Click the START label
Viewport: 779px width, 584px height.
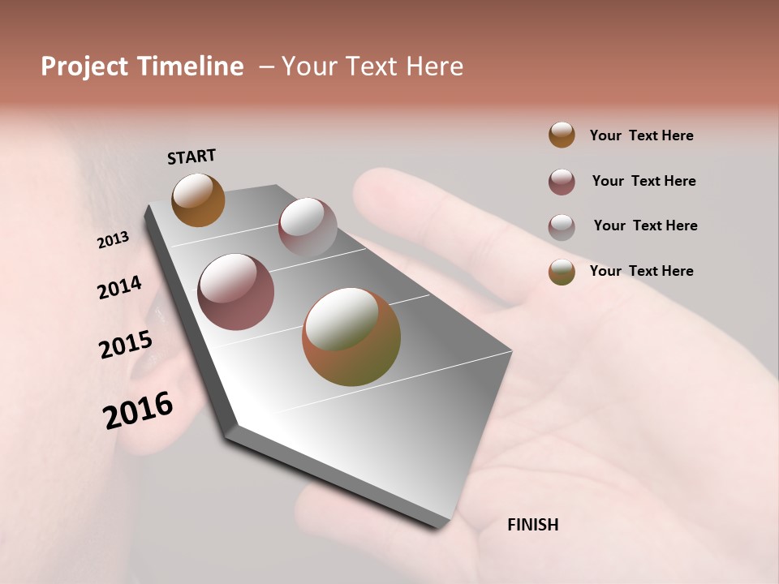click(x=192, y=157)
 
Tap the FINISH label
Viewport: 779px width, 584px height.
click(x=532, y=525)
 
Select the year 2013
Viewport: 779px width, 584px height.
click(x=113, y=240)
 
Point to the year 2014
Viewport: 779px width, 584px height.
click(x=119, y=288)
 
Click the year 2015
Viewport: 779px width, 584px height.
click(x=126, y=345)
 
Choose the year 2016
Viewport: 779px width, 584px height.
click(x=138, y=410)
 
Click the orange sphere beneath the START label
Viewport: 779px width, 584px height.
click(x=198, y=200)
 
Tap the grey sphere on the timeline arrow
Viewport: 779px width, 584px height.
click(x=308, y=227)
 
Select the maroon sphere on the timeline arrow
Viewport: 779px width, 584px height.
click(x=236, y=292)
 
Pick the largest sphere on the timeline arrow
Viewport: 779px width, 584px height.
click(x=351, y=337)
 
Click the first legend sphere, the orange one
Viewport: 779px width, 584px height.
click(x=562, y=135)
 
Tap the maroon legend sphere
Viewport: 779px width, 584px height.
click(x=562, y=182)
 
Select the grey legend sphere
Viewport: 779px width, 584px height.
click(x=562, y=226)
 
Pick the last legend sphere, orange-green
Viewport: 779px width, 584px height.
click(x=562, y=272)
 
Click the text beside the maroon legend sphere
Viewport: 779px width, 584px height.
click(x=643, y=181)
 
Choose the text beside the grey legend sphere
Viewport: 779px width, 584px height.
click(x=645, y=225)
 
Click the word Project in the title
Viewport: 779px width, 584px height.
click(x=85, y=67)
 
